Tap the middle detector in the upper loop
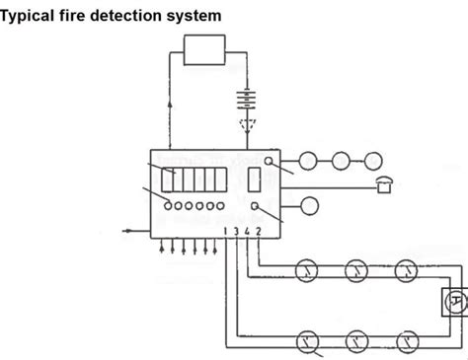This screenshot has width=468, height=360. click(356, 270)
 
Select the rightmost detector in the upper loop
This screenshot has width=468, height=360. click(406, 270)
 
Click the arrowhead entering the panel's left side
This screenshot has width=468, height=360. click(129, 230)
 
